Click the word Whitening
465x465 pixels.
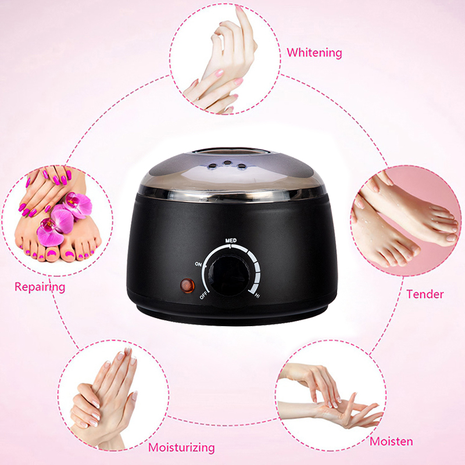(x=314, y=53)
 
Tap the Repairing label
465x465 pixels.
(x=40, y=287)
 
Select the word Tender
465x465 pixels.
(x=425, y=294)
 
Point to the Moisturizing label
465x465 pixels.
(x=181, y=448)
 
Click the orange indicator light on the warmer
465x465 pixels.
(x=187, y=285)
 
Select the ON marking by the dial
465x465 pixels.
(x=198, y=263)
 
